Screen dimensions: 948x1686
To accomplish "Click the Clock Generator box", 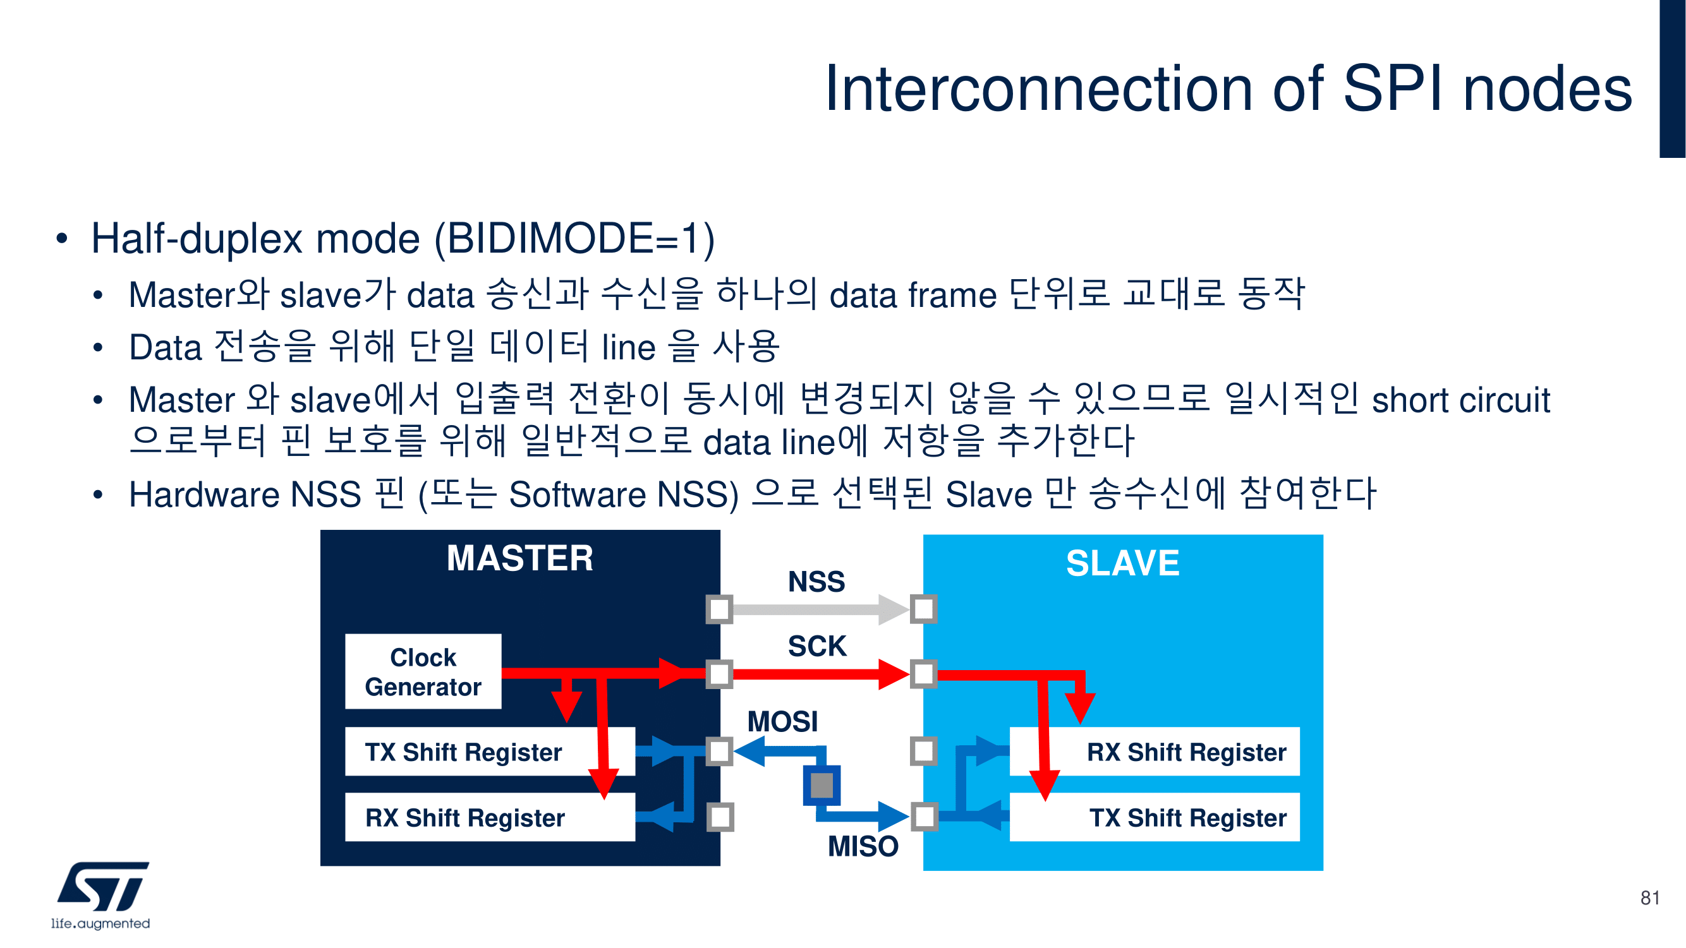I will coord(423,671).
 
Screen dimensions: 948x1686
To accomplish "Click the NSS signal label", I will coord(816,582).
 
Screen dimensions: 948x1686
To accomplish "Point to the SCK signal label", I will coord(817,646).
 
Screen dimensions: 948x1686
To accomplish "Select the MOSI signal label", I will coord(783,722).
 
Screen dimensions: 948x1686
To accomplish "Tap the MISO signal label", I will coord(863,846).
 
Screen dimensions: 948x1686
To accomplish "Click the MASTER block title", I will coord(519,558).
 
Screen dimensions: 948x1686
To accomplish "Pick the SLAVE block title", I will coord(1122,563).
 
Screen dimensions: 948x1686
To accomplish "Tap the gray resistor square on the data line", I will coord(822,785).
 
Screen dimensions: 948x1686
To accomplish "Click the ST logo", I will coord(103,887).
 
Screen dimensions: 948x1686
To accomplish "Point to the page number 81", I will coord(1649,897).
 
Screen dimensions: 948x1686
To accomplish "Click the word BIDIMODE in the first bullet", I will coord(549,238).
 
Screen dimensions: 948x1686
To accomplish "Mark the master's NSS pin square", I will coord(719,609).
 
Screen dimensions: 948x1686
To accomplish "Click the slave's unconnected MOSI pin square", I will coord(923,751).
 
